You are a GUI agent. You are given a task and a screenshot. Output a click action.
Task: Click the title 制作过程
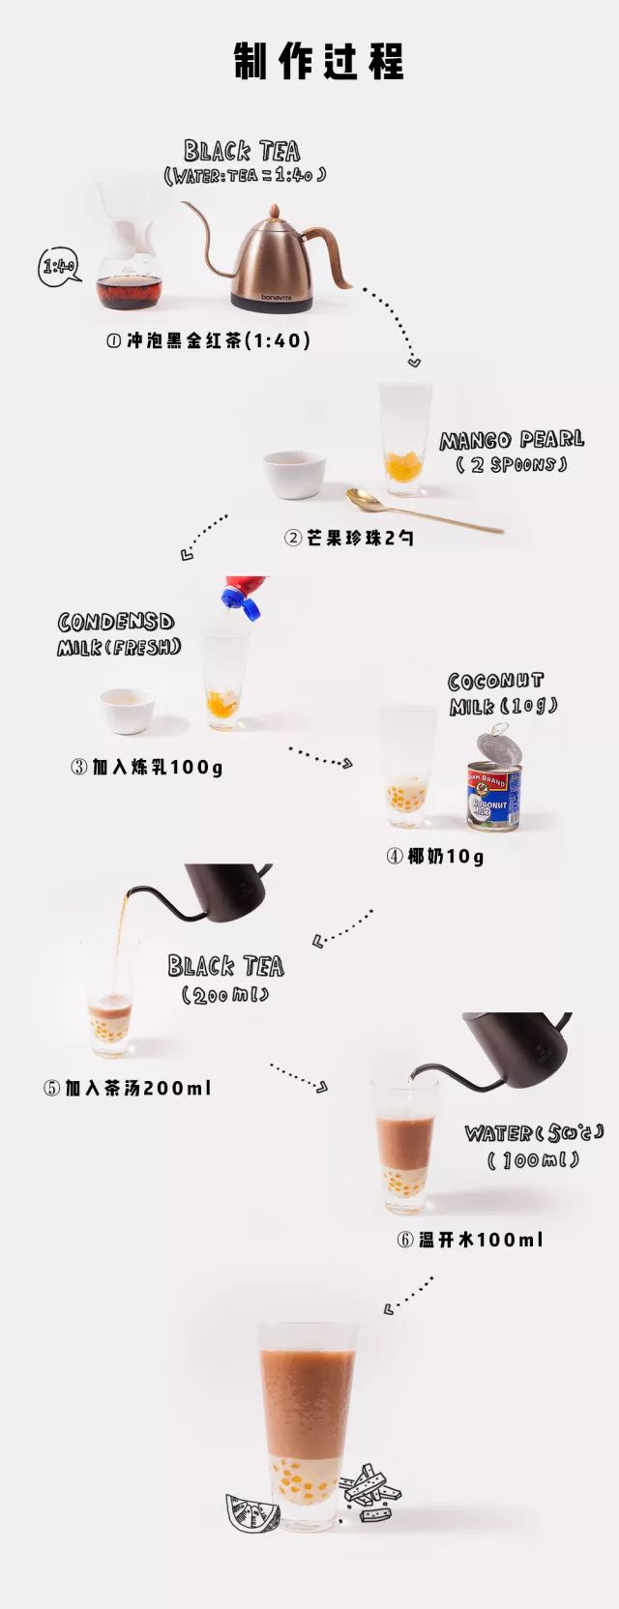(319, 60)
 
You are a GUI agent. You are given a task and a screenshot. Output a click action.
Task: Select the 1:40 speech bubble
(59, 267)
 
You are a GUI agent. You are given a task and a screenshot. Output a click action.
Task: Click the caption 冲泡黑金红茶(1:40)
(208, 340)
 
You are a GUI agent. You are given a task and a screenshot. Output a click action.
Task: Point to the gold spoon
(424, 510)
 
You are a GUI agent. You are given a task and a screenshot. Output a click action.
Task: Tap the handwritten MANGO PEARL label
(512, 440)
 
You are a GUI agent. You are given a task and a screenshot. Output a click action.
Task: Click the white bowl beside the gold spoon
(294, 474)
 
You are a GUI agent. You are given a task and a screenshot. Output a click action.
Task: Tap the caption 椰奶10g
(435, 856)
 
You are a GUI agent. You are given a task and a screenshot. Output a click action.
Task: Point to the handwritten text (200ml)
(225, 995)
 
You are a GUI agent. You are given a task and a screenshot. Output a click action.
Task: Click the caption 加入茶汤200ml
(128, 1088)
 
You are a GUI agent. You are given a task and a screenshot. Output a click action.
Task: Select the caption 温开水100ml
(470, 1239)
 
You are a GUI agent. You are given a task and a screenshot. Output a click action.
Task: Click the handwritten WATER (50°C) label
(534, 1133)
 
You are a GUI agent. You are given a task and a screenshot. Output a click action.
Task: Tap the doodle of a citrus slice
(251, 1512)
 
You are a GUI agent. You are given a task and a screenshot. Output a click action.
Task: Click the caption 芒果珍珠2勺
(349, 538)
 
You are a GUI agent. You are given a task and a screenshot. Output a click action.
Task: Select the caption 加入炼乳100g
(146, 767)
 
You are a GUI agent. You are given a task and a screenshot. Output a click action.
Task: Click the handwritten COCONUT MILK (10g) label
(504, 694)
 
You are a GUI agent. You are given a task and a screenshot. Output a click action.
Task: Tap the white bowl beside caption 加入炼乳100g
(127, 711)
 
